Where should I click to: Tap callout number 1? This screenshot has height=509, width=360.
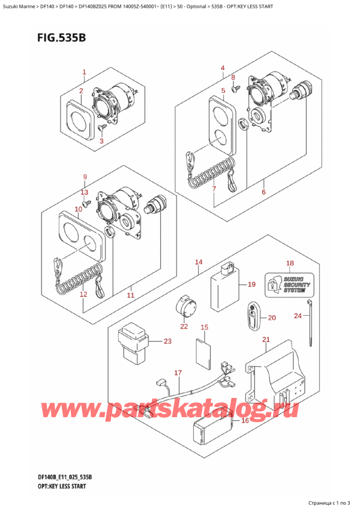84,73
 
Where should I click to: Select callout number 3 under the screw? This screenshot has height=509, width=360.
101,141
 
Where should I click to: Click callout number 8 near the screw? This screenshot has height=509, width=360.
234,77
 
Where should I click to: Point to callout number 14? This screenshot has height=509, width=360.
199,262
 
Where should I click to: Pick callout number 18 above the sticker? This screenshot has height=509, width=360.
290,263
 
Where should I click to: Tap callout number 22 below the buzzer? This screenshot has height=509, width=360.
184,327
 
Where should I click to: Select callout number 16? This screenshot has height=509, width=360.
244,421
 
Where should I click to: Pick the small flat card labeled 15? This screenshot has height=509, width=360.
204,355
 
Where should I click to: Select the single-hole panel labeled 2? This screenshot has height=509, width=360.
78,120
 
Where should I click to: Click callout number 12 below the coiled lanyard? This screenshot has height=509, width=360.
83,294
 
